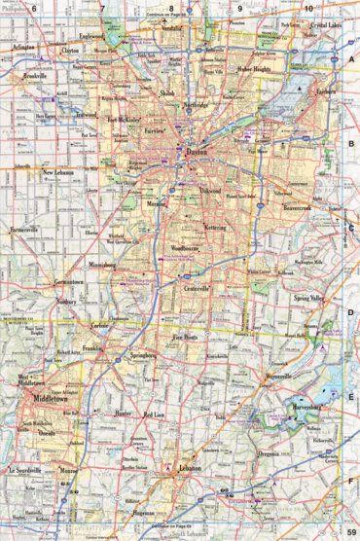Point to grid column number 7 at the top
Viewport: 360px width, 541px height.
(101, 9)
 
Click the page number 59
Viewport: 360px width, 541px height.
(350, 531)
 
